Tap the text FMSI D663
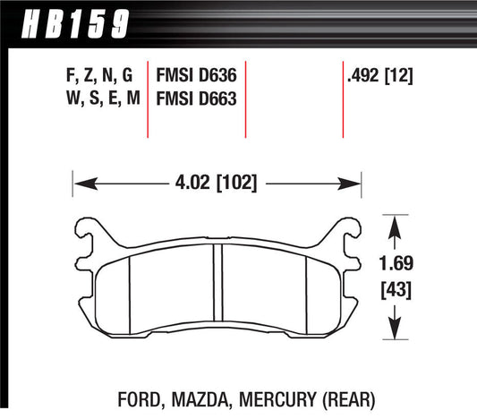[196, 99]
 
